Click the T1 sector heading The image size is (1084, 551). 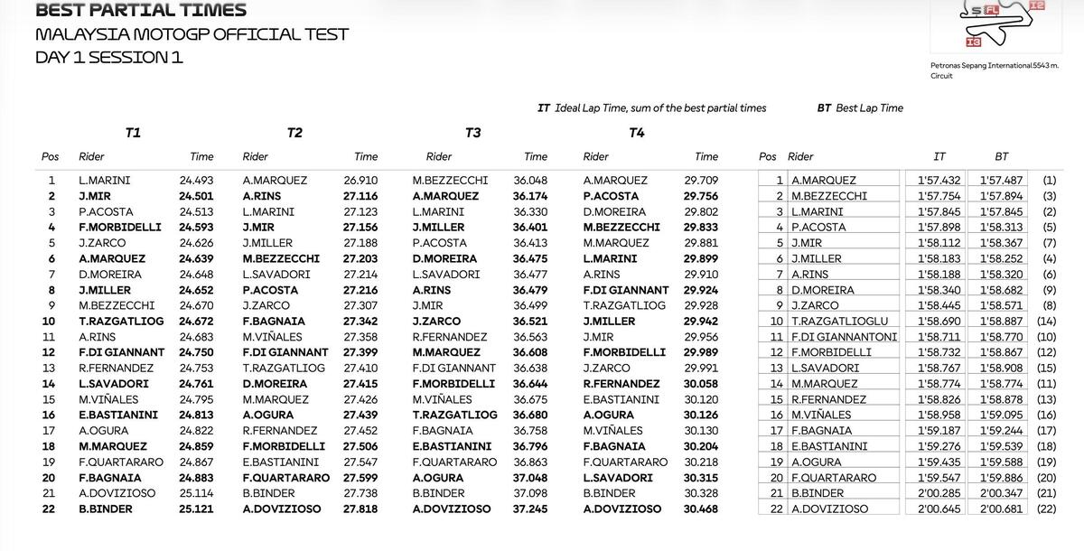[133, 133]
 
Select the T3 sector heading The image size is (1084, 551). [472, 133]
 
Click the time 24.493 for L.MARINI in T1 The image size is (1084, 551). [196, 180]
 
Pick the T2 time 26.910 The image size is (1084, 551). [360, 180]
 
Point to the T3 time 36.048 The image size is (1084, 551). [530, 180]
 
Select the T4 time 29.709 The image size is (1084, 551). [702, 180]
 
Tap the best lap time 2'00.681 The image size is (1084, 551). [1001, 509]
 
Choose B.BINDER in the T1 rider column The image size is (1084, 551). [106, 509]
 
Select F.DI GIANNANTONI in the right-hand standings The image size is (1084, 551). [844, 336]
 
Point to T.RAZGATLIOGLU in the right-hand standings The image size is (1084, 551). [839, 321]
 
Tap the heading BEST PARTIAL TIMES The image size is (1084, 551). [140, 11]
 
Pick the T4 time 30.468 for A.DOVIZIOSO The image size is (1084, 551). [702, 509]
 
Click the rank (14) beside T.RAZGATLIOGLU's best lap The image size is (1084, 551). [1047, 321]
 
